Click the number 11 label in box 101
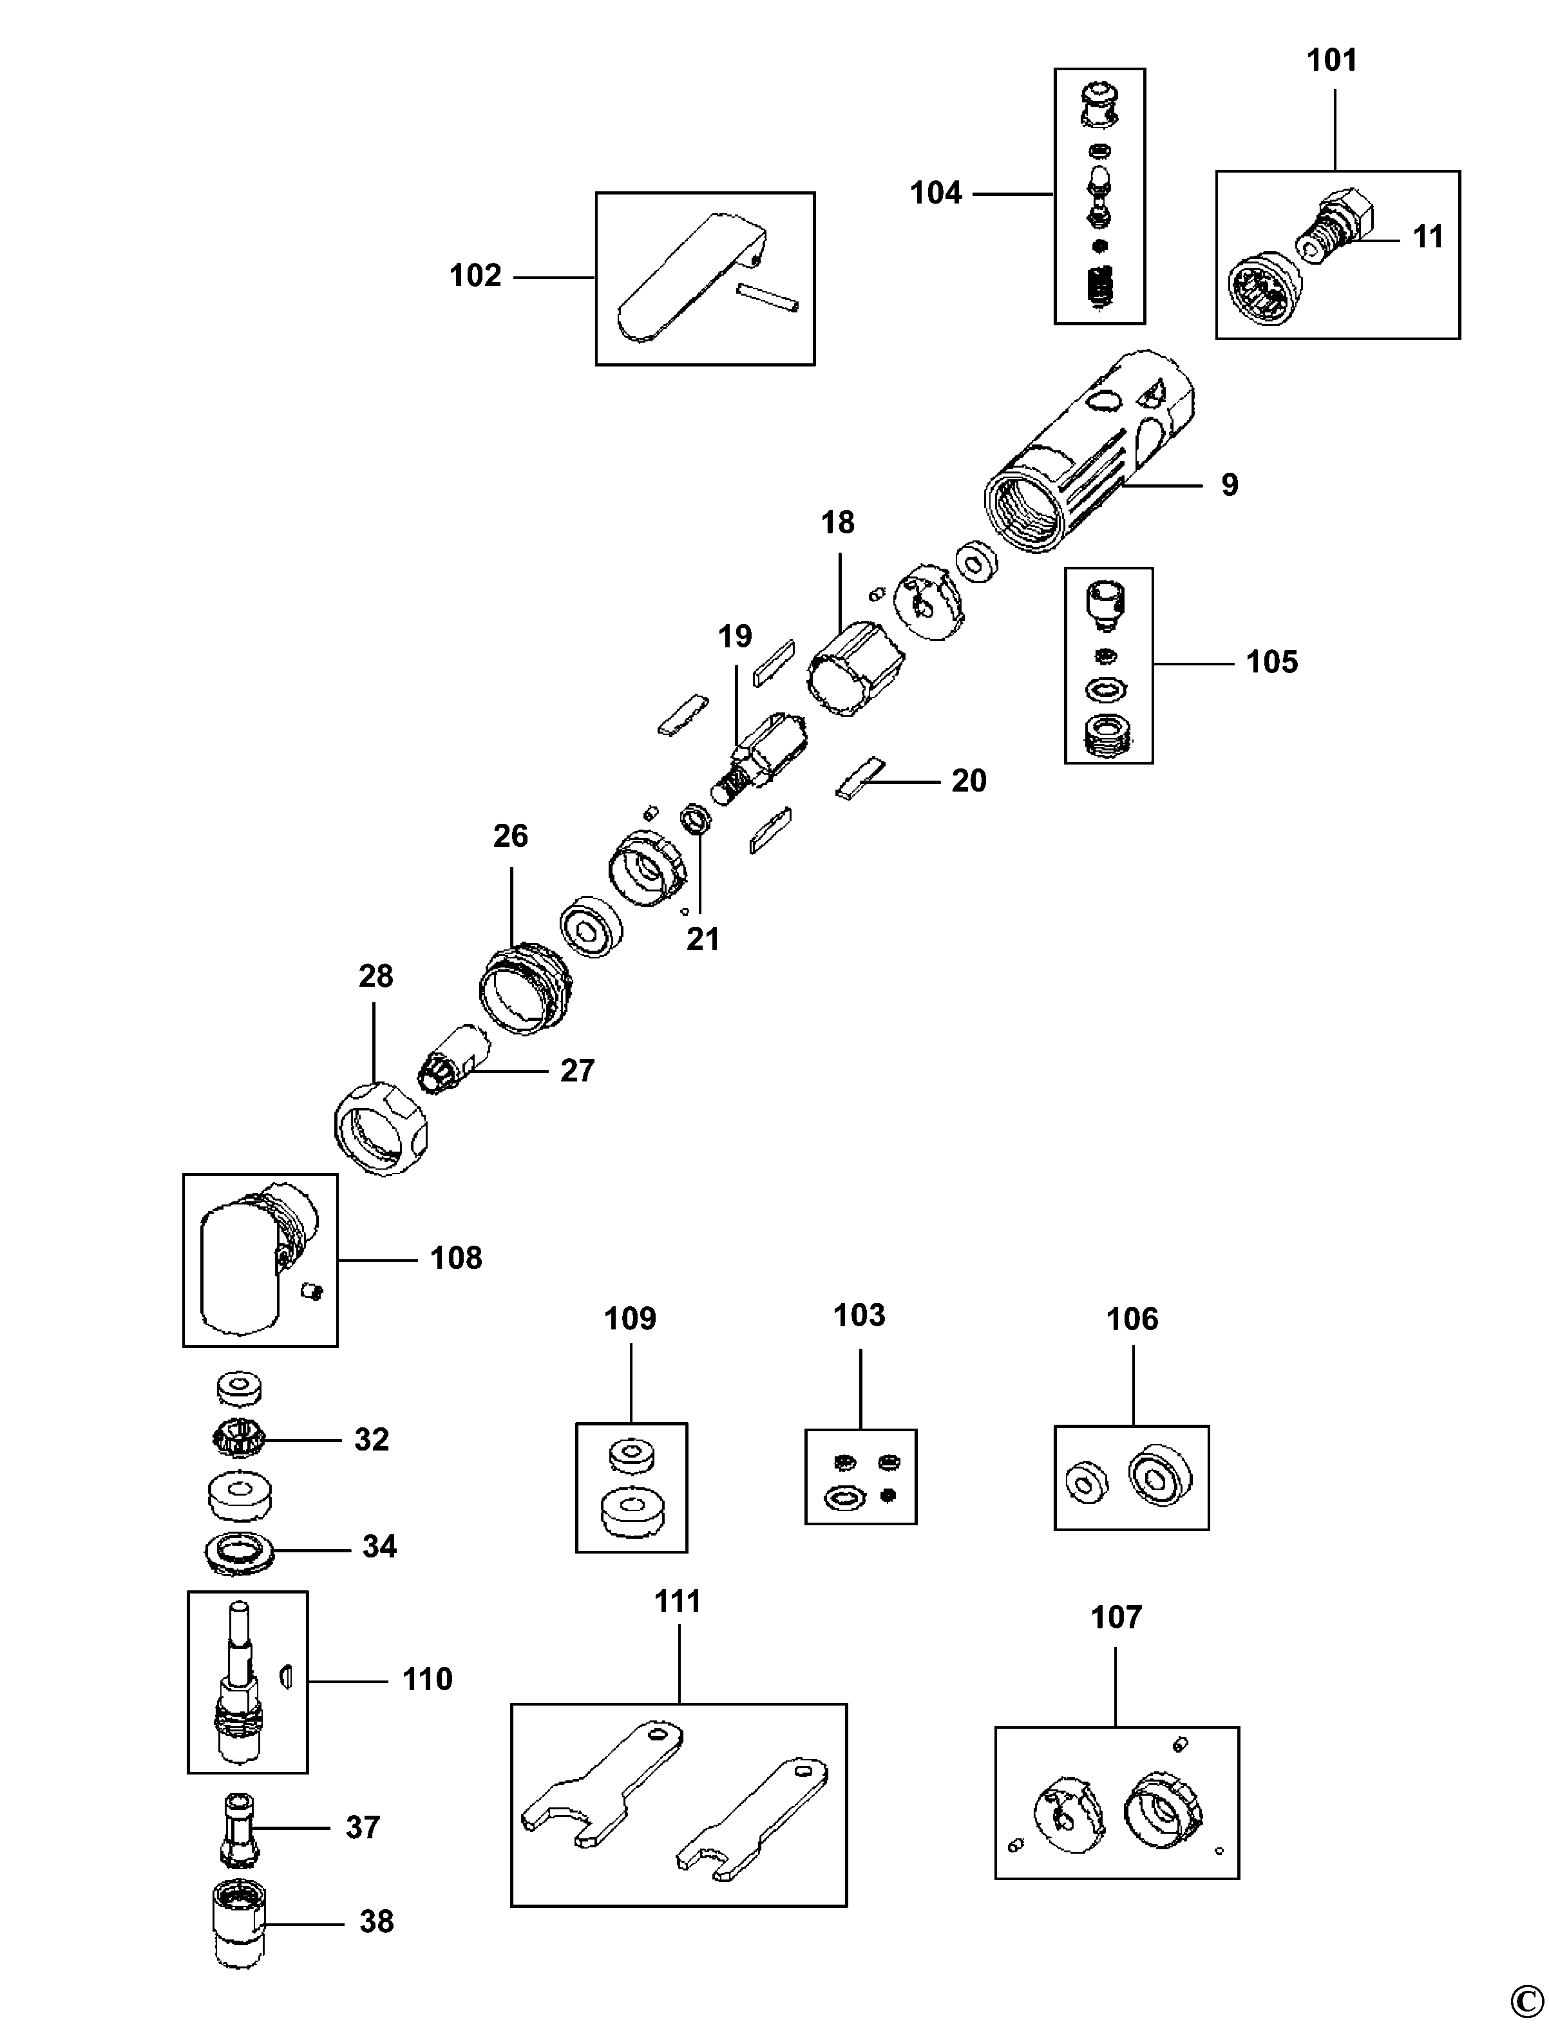(1428, 237)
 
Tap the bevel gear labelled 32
(240, 1439)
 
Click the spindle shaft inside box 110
(240, 1683)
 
